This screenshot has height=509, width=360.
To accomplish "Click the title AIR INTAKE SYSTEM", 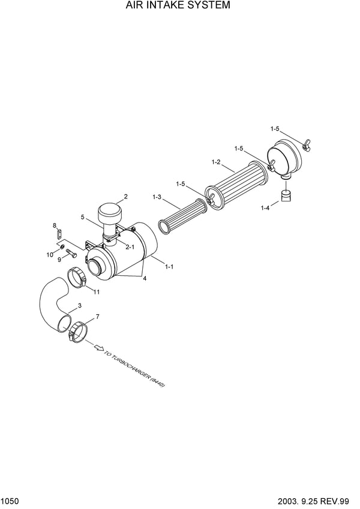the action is (x=178, y=5).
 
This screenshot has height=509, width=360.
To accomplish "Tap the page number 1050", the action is (x=10, y=502).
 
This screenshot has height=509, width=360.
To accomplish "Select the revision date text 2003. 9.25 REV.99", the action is (x=313, y=502).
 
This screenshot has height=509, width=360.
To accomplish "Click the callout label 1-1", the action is (x=169, y=267).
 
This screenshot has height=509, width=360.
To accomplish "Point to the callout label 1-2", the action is (x=216, y=162).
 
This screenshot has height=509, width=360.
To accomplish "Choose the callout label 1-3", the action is (x=157, y=197).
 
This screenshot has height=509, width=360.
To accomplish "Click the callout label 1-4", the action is (x=265, y=208).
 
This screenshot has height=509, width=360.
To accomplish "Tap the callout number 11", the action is (x=97, y=292).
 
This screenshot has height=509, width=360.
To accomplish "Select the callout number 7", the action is (x=97, y=317).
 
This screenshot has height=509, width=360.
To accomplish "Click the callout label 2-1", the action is (x=130, y=247).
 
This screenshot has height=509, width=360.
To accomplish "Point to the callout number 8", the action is (x=55, y=225).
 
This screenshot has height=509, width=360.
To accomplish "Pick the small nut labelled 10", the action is (x=61, y=248).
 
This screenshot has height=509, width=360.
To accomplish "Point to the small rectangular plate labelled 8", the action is (x=59, y=233).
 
